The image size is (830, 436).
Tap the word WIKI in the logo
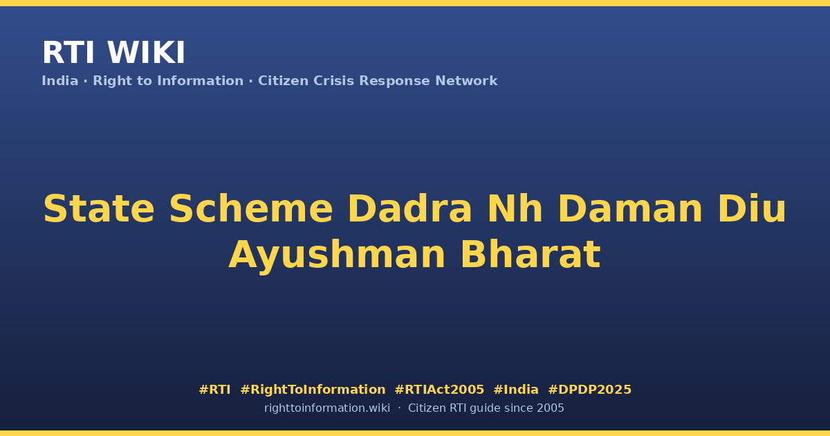146,53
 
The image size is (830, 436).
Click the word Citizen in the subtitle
283,81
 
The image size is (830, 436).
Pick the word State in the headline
99,209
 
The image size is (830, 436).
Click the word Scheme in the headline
251,209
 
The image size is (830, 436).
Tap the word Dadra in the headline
409,209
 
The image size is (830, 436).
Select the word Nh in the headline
515,209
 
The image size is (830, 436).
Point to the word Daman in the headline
630,209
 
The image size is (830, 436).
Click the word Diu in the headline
752,209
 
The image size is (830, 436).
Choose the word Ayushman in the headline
337,255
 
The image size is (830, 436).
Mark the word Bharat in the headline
531,255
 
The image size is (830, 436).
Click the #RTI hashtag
214,390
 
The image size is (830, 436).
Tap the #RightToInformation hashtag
313,390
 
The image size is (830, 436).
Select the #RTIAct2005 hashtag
439,390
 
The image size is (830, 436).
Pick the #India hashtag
516,390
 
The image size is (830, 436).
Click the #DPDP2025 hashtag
589,390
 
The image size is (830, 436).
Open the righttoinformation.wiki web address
327,408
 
